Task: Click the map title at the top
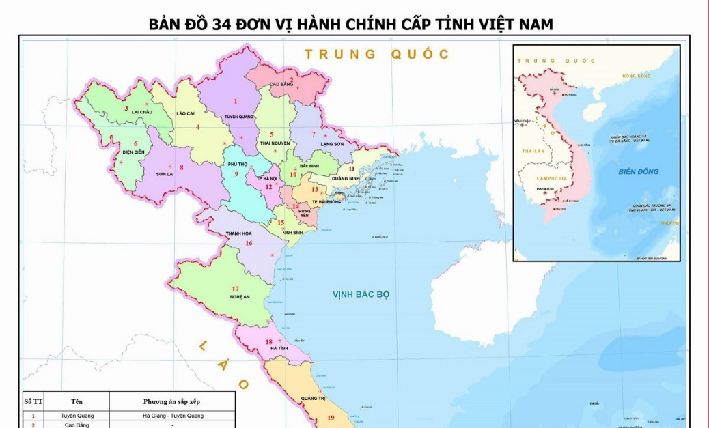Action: click(x=351, y=25)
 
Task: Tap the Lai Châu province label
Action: click(x=142, y=111)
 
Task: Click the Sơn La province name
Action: click(x=165, y=174)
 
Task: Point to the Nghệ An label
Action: click(x=240, y=297)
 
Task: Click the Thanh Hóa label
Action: click(x=240, y=233)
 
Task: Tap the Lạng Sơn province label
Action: click(x=332, y=144)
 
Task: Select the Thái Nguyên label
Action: click(x=275, y=143)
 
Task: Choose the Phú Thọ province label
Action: click(x=238, y=164)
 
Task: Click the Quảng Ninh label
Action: click(x=346, y=179)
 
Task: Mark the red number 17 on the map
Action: click(x=235, y=289)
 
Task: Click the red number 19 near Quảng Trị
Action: click(x=331, y=418)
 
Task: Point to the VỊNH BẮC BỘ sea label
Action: click(x=361, y=294)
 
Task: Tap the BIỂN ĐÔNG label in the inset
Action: click(x=639, y=171)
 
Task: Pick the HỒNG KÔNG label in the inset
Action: click(x=636, y=76)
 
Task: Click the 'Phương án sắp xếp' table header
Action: click(x=172, y=401)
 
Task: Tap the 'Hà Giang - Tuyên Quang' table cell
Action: click(x=172, y=416)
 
